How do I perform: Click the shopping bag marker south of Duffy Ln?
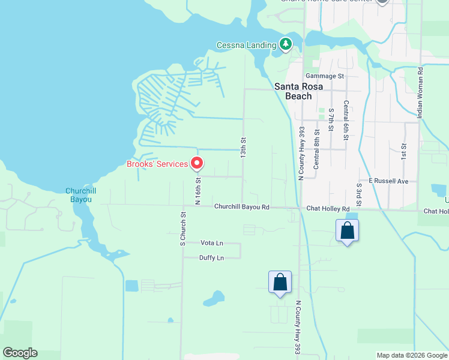click(280, 283)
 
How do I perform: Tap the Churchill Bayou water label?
click(80, 195)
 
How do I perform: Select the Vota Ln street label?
click(211, 243)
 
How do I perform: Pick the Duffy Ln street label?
click(211, 258)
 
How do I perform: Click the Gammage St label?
click(324, 76)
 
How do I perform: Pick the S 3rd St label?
click(358, 196)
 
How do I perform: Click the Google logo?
click(20, 353)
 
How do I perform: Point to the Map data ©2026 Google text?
click(412, 355)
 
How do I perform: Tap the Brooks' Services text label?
click(157, 164)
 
